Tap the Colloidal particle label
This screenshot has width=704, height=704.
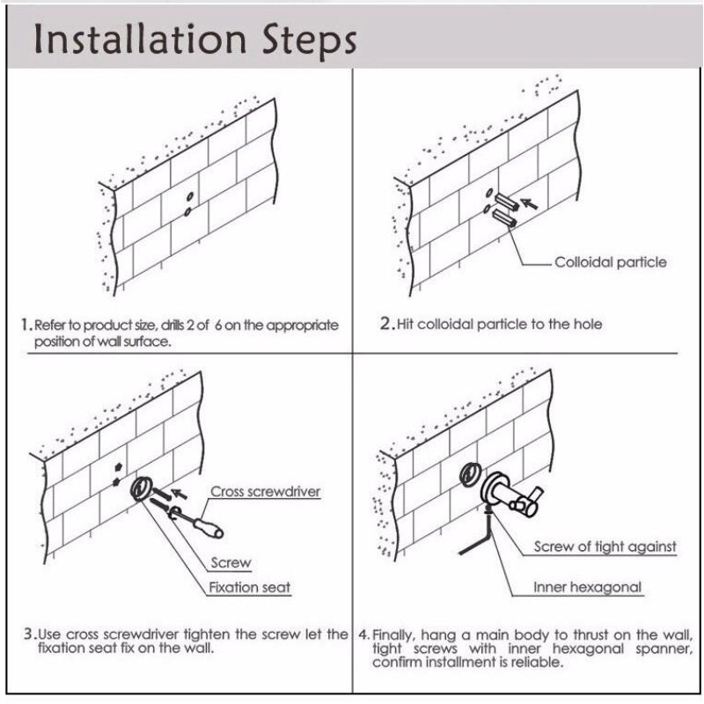click(x=610, y=262)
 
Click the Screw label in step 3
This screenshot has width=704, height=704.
click(x=231, y=563)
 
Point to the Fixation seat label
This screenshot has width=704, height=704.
click(x=249, y=587)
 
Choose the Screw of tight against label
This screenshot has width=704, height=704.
click(x=605, y=546)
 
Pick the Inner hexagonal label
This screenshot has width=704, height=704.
click(x=588, y=587)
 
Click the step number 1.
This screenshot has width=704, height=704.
click(x=25, y=325)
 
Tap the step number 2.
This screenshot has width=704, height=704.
click(x=386, y=323)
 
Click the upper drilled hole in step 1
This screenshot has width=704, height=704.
click(x=190, y=197)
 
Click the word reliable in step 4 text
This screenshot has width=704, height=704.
click(x=539, y=662)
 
